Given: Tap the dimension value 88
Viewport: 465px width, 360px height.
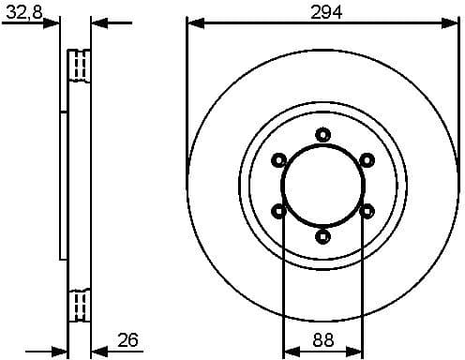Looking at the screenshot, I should (323, 339).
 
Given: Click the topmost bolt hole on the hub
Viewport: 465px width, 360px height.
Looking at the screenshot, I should (323, 134).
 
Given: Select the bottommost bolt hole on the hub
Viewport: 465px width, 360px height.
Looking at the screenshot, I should (323, 234).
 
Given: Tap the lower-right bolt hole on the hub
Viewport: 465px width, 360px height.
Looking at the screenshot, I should (367, 210).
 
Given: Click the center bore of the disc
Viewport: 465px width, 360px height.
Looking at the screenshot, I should (323, 185).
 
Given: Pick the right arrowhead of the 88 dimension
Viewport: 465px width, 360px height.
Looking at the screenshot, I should (357, 351).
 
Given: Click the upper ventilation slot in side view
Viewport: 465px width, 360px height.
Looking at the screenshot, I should (81, 67).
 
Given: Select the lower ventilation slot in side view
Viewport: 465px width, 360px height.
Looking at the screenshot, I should (81, 305).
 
